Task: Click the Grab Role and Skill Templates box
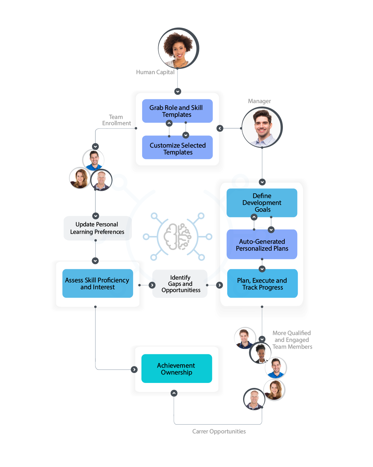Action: tap(177, 111)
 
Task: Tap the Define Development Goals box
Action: tap(262, 202)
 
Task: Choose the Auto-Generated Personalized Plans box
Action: tap(262, 244)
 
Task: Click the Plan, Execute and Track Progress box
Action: tap(262, 283)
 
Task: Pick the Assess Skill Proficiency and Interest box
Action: tap(97, 283)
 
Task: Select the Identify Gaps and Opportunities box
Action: tap(180, 284)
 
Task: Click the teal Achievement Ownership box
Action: tap(177, 369)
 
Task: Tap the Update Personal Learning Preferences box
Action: tap(97, 228)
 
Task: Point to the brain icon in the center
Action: tap(177, 237)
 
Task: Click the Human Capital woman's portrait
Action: tap(178, 48)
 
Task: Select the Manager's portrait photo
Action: tap(262, 127)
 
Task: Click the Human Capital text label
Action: tap(155, 72)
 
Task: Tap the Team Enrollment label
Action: tap(116, 120)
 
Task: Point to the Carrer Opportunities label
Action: tap(219, 432)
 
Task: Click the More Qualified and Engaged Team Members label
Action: tap(292, 340)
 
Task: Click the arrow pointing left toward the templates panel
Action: tap(220, 128)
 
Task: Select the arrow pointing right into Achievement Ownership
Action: tap(134, 370)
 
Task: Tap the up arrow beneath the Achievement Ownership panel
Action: tap(174, 393)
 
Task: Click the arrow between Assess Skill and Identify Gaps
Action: tap(152, 285)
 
